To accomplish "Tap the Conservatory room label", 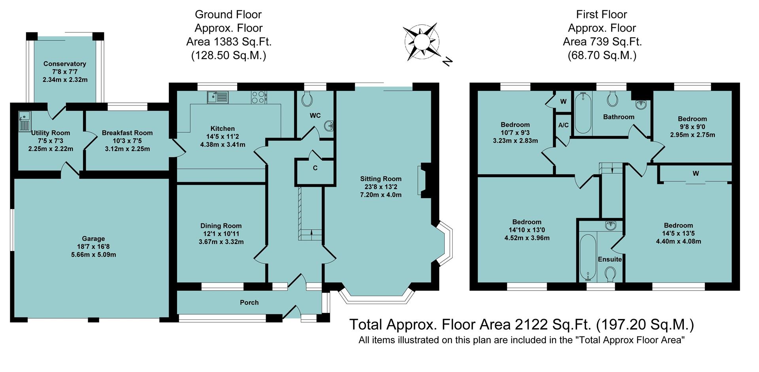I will click(x=65, y=64).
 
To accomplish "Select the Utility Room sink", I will click(x=24, y=121).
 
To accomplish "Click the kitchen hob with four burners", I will click(x=259, y=97).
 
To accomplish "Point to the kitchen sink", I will click(x=217, y=97).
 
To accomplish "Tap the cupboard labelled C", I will click(x=315, y=168).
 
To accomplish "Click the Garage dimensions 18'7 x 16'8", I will click(x=93, y=247).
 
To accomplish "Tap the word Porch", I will click(x=249, y=302).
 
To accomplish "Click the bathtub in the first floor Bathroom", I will click(x=582, y=113).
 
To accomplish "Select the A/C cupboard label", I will click(x=563, y=125).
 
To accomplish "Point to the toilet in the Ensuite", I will click(x=610, y=274).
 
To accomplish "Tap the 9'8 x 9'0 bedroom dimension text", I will click(x=692, y=127).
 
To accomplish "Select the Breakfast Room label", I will click(x=127, y=133).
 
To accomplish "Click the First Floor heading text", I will click(x=601, y=15).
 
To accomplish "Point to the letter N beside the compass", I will click(x=447, y=61).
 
